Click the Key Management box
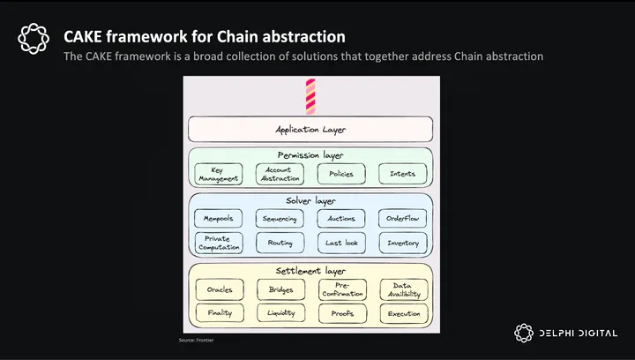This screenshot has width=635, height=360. tap(218, 174)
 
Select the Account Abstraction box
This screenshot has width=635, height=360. tap(280, 174)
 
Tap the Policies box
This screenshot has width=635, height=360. tap(340, 174)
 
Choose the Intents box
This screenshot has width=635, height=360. tap(402, 174)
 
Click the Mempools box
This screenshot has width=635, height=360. tap(218, 218)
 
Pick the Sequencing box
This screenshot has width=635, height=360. tap(280, 218)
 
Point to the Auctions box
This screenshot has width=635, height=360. tap(340, 218)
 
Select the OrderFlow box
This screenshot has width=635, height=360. tap(402, 218)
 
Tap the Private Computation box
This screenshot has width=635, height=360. tap(218, 243)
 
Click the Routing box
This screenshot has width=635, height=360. tap(280, 243)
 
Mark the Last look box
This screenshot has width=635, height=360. tap(340, 243)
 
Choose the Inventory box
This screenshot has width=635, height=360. tap(402, 243)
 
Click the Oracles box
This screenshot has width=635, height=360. tap(219, 289)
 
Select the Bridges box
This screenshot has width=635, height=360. tap(280, 289)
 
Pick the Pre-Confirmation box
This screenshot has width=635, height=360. tap(341, 289)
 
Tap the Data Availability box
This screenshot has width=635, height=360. tap(403, 289)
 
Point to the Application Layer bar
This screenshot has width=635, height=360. tap(310, 130)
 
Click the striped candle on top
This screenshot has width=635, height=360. tap(310, 97)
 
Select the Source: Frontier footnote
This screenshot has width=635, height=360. tap(196, 339)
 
